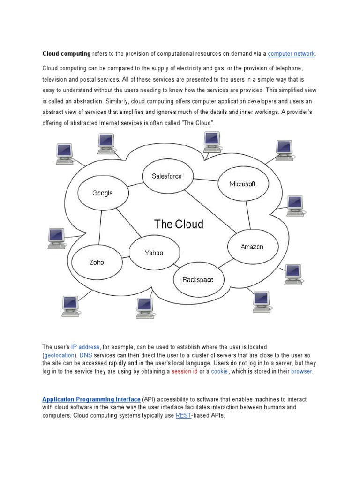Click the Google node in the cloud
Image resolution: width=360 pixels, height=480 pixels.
click(102, 193)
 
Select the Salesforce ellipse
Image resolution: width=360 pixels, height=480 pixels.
click(166, 176)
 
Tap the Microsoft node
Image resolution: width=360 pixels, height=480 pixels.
click(243, 184)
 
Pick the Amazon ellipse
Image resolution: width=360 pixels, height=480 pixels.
click(252, 247)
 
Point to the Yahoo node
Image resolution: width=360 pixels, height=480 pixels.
click(154, 253)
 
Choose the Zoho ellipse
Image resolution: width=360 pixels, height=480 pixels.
click(97, 262)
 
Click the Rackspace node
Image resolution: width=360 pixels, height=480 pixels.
click(197, 280)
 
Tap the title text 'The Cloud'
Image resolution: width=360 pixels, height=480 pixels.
click(179, 224)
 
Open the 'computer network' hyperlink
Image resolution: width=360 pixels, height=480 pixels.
click(292, 54)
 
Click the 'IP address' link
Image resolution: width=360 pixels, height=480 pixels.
click(85, 347)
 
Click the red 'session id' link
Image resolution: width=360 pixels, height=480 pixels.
click(184, 371)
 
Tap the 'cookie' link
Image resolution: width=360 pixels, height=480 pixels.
click(219, 371)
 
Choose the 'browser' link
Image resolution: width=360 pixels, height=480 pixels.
click(301, 371)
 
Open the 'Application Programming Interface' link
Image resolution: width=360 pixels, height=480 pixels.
click(91, 399)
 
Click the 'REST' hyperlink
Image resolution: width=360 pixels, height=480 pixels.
click(183, 415)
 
